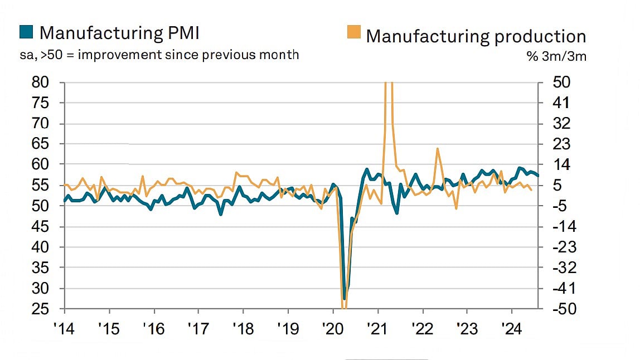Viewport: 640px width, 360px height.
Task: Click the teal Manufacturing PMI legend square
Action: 26,33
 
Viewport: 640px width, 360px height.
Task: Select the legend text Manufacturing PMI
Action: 119,33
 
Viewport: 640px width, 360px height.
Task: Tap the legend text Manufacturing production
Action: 476,36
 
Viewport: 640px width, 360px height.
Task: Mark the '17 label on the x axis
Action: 198,329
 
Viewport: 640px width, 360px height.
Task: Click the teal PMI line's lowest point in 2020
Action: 345,299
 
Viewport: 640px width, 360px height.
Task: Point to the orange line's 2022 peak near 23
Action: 438,149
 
